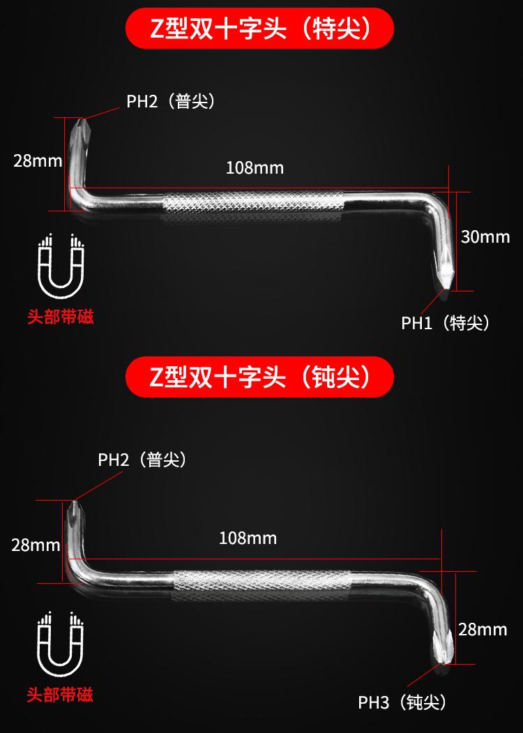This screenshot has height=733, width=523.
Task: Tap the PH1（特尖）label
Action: click(446, 323)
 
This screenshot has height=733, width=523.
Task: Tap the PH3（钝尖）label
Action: click(402, 702)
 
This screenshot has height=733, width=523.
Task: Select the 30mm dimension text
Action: click(485, 237)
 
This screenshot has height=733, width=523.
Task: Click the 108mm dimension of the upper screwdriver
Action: click(255, 168)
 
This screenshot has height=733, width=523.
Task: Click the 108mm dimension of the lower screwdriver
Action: click(248, 538)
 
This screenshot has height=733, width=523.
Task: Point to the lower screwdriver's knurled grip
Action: click(259, 584)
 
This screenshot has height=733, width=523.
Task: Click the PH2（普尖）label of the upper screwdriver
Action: click(170, 102)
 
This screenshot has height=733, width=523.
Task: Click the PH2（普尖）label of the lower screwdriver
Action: click(142, 460)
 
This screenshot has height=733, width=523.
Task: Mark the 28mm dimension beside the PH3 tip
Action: click(483, 630)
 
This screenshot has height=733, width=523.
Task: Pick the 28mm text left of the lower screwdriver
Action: click(36, 545)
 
